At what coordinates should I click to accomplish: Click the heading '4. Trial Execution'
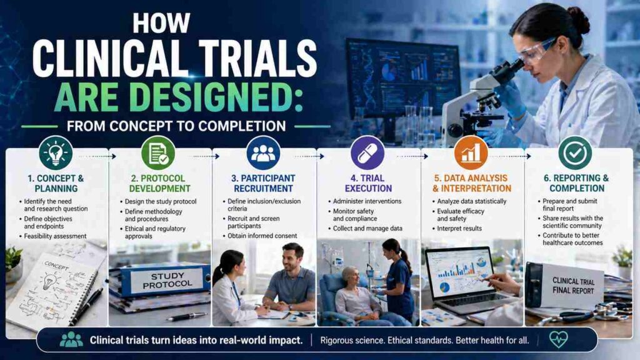[367, 182]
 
